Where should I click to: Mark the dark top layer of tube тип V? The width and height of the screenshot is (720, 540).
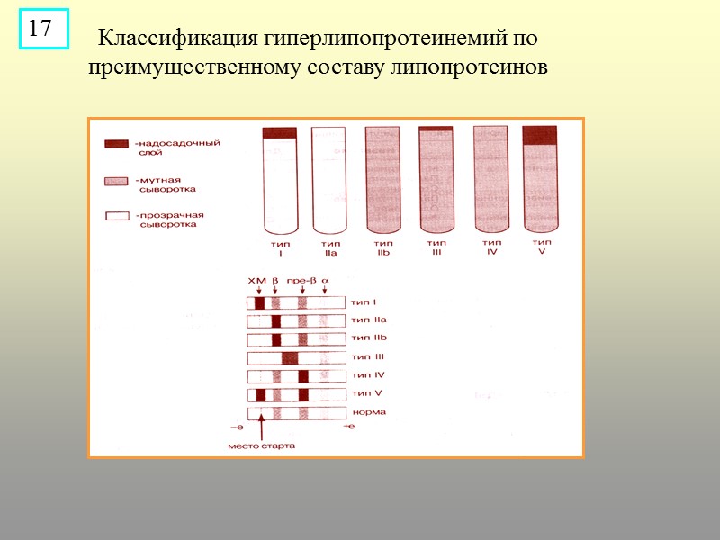[540, 135]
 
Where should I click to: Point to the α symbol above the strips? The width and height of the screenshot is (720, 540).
[325, 281]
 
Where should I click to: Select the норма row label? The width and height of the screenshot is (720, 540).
[369, 412]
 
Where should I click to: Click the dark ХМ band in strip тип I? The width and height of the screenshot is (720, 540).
[259, 303]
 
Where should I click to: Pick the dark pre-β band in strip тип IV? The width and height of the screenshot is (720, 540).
[303, 375]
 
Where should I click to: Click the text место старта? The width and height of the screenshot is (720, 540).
[261, 445]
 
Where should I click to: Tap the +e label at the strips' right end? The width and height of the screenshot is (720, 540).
[349, 426]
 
